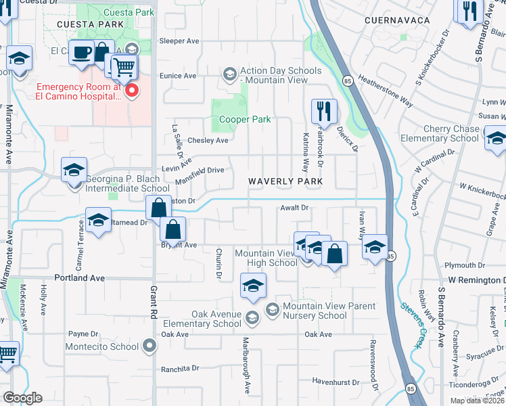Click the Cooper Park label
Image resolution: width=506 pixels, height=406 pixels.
(244, 120)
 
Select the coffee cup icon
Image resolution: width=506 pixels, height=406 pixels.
(82, 52)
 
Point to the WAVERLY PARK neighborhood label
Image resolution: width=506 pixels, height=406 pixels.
(284, 181)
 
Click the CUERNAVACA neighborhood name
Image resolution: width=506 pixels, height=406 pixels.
(397, 20)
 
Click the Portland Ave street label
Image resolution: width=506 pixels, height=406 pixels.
(80, 278)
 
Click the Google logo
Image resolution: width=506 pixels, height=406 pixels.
(22, 398)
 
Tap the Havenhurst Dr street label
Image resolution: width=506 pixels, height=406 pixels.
(325, 382)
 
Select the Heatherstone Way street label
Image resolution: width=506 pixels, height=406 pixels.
(385, 89)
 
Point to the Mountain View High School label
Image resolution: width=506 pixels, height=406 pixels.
(266, 258)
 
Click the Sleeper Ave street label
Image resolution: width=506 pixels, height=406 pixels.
(179, 41)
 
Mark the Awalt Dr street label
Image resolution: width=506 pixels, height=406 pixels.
(294, 208)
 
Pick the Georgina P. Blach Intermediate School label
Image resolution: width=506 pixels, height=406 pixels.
(127, 184)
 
